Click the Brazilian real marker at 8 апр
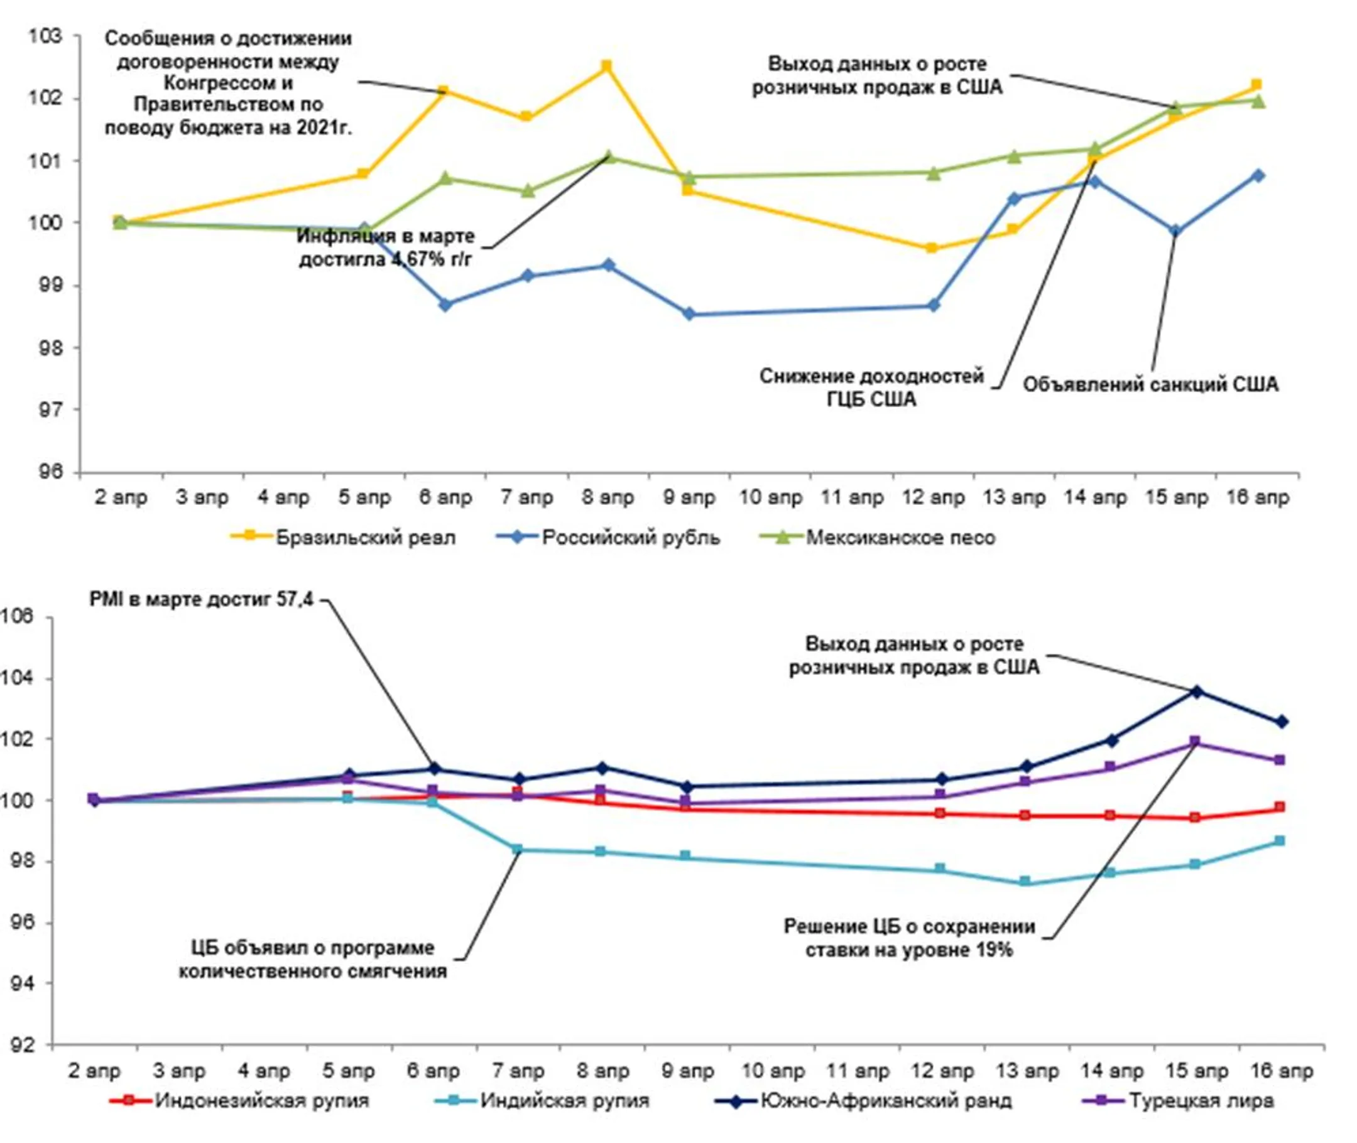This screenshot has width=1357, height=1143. [x=607, y=66]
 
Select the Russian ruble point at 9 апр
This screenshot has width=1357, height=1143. [x=689, y=314]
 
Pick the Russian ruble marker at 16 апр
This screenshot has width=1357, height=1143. [x=1258, y=176]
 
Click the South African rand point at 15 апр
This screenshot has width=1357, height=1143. [x=1196, y=692]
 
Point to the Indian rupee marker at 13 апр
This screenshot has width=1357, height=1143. [x=1025, y=881]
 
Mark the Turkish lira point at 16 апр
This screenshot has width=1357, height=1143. [x=1280, y=760]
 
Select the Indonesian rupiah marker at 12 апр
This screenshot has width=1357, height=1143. [x=940, y=813]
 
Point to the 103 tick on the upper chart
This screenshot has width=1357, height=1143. [x=45, y=36]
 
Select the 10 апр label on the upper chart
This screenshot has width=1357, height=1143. [x=770, y=497]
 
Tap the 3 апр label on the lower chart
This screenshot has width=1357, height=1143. [x=179, y=1071]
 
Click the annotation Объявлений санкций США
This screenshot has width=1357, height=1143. [x=1150, y=385]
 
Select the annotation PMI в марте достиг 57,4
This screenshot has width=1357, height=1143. [x=201, y=599]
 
